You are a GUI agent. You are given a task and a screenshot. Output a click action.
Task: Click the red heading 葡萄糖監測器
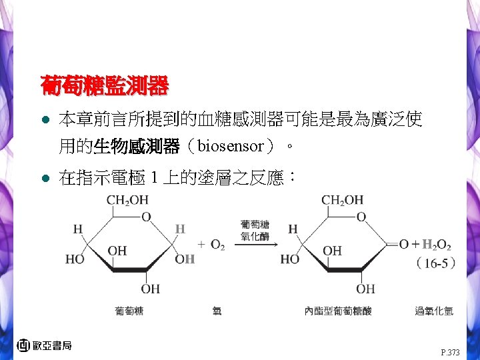pos(104,86)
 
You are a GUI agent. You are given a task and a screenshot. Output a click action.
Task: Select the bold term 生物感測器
pos(136,145)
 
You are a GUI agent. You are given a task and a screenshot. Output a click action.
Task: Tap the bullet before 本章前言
pos(45,121)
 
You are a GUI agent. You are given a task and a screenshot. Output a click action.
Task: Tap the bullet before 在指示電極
pos(45,179)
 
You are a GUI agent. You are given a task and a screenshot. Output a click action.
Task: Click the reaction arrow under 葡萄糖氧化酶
pos(255,244)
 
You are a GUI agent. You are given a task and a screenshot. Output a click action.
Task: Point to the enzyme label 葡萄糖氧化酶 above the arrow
pos(255,230)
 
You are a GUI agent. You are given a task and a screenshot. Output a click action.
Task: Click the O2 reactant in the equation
pos(217,245)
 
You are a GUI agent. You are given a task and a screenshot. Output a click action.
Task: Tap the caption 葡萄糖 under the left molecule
pos(129,311)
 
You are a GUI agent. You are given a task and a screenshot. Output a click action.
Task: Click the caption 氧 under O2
pos(217,311)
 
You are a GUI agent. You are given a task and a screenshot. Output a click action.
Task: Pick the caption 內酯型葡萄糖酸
pos(338,311)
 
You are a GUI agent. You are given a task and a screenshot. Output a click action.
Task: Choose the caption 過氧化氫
pos(434,311)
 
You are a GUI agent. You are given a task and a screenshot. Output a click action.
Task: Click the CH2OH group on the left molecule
pos(127,200)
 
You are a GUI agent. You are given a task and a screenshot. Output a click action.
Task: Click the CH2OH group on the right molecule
pos(343,200)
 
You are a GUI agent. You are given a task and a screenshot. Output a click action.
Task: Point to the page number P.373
pos(450,352)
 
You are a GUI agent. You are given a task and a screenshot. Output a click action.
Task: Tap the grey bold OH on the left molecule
pos(185,259)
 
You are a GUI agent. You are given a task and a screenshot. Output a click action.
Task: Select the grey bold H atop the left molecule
pos(179,229)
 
